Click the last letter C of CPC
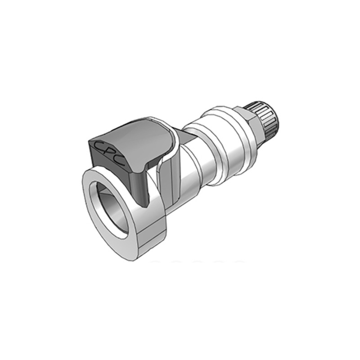[x=120, y=162]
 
